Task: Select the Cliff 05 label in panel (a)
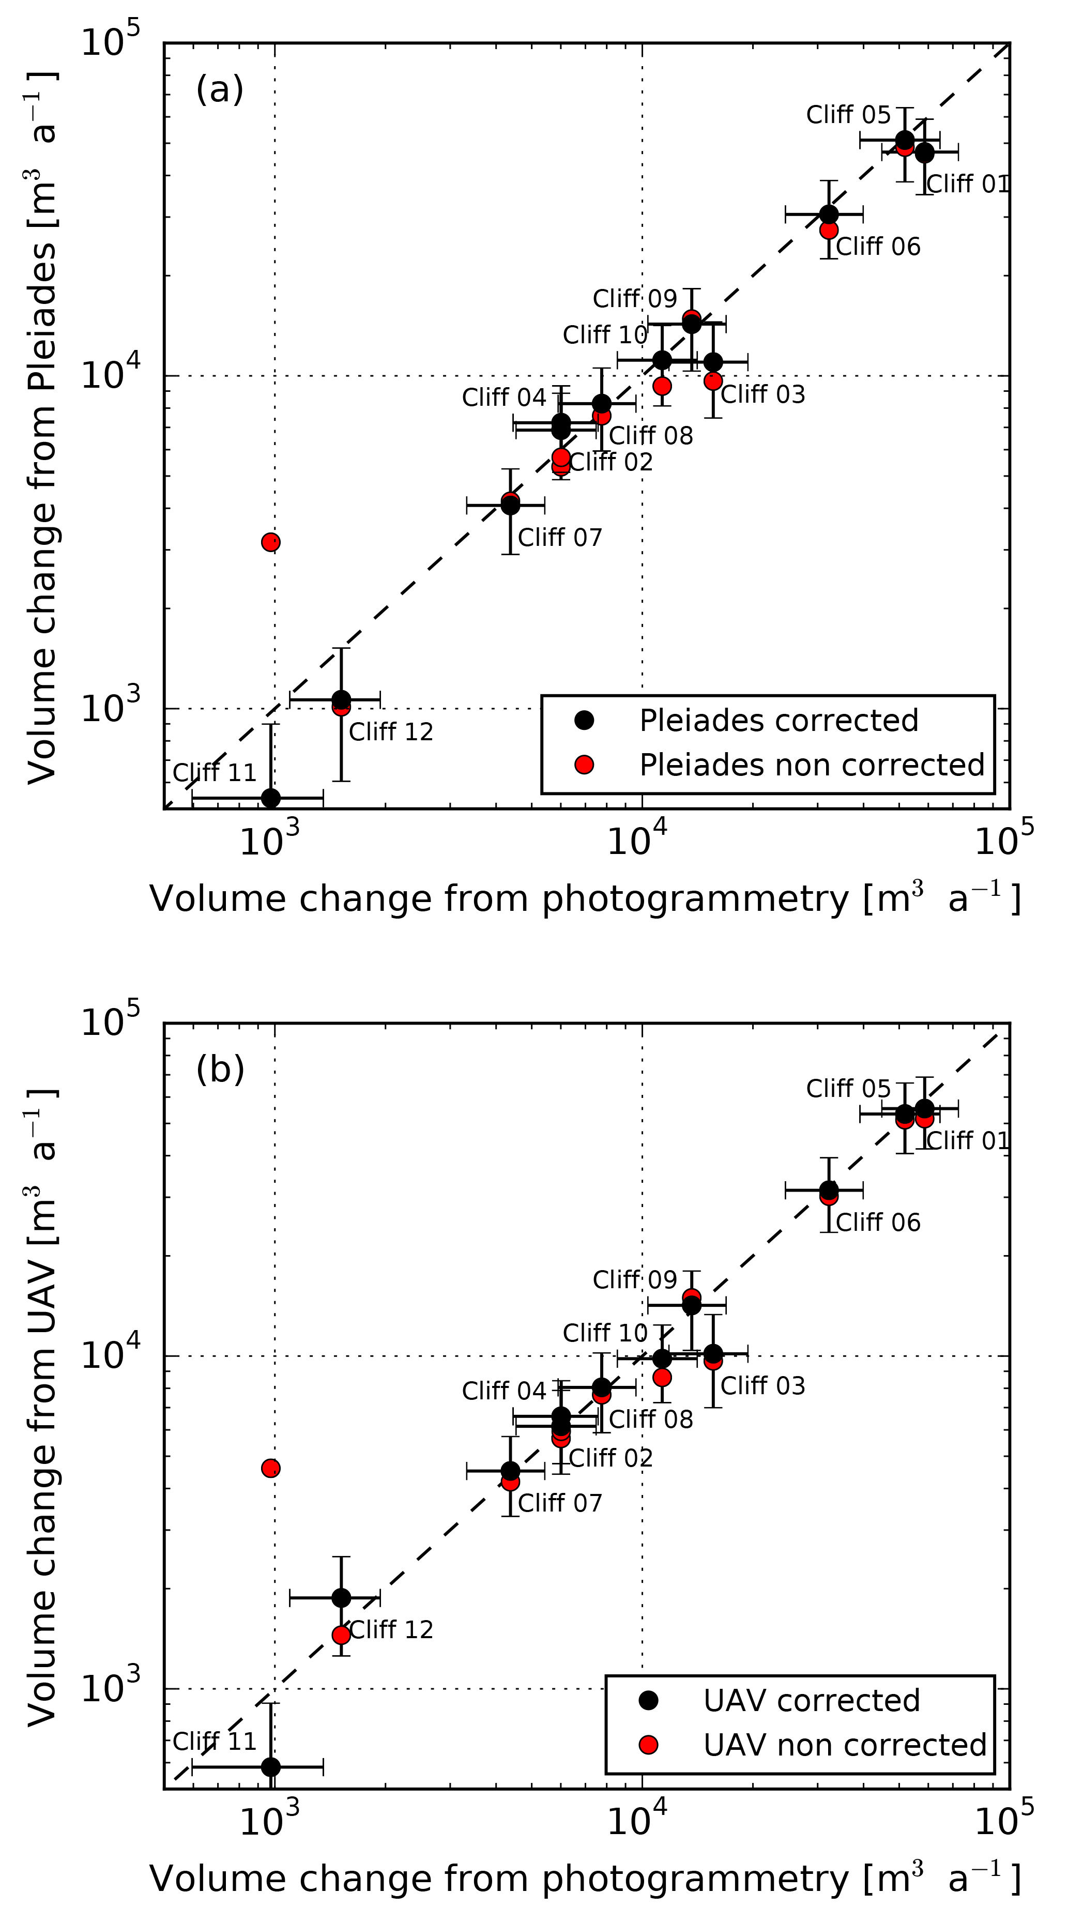tap(848, 115)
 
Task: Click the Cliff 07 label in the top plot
tap(560, 538)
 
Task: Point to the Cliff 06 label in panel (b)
tap(878, 1222)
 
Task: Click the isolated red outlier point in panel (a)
tap(271, 542)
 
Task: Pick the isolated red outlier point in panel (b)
tap(271, 1469)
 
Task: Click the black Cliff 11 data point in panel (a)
tap(271, 798)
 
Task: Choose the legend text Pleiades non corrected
tap(812, 765)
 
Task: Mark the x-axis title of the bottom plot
tap(584, 1879)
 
